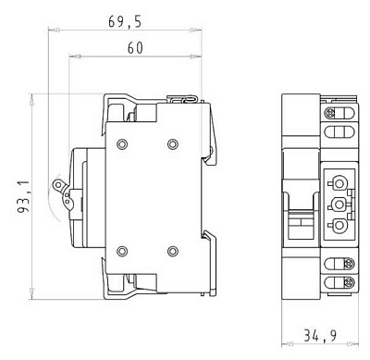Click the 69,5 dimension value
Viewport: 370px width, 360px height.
coord(125,22)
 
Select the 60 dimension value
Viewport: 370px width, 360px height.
coord(135,48)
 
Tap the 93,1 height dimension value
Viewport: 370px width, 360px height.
coord(23,197)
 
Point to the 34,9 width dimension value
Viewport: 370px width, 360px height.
coord(320,336)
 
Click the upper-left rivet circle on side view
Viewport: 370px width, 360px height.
coord(122,143)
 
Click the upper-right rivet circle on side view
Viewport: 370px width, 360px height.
coord(173,143)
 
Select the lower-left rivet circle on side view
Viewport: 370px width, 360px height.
coord(122,251)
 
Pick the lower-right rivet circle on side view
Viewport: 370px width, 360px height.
coord(173,251)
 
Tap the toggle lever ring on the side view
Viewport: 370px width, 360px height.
coord(57,185)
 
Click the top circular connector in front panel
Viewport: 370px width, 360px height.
coord(339,183)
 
